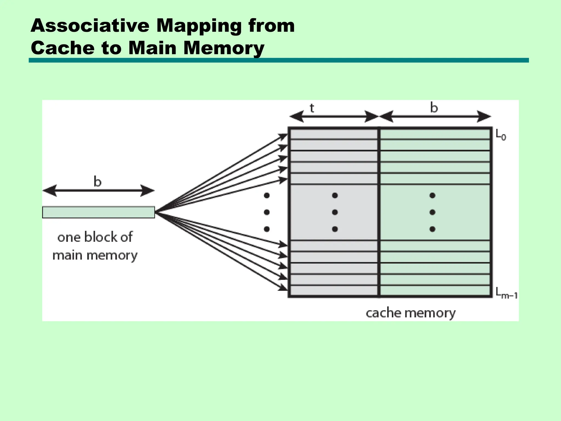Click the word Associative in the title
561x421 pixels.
(90, 26)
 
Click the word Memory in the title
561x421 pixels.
(224, 48)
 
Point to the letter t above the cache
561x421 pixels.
(312, 108)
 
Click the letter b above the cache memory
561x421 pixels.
(434, 107)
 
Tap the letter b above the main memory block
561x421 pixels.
(98, 181)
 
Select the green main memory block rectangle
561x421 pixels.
(99, 212)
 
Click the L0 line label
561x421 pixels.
(501, 135)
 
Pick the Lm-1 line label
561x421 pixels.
(506, 293)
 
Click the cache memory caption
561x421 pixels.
(410, 313)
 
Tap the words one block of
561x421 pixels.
(95, 237)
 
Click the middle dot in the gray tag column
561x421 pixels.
(334, 212)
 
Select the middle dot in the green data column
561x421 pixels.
(432, 212)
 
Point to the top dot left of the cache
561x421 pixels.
(267, 195)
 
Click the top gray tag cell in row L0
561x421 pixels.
(334, 134)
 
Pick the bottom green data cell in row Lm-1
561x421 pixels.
(435, 291)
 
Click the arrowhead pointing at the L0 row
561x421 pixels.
(283, 136)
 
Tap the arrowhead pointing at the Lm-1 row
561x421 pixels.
(283, 288)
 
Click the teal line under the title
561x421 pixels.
(279, 60)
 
